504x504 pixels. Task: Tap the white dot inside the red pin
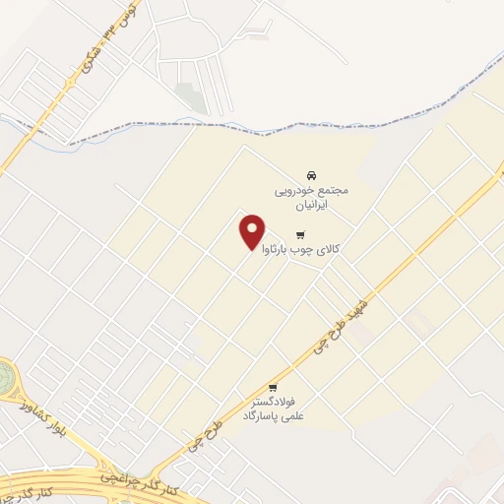(252, 226)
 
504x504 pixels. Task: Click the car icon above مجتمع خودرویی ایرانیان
(311, 170)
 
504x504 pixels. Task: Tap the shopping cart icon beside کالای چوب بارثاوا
(300, 235)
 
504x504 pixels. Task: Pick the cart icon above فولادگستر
(273, 387)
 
